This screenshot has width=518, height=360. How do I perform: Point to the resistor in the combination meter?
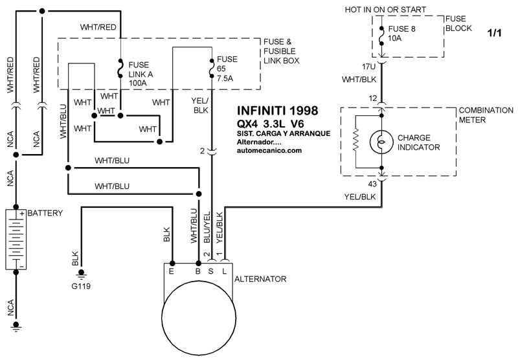coord(355,142)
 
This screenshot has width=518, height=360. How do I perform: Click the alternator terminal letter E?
coord(172,273)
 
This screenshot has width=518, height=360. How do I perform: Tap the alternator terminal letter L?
coord(224,273)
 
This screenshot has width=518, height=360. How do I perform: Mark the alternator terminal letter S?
coord(211,273)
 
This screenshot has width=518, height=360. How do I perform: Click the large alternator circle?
coord(198,317)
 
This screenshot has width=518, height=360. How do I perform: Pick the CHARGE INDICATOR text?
coord(418,142)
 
